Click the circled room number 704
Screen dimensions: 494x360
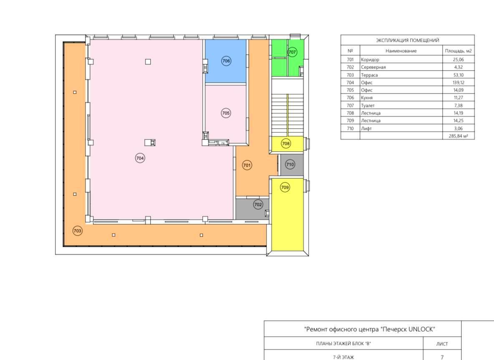(x=140, y=158)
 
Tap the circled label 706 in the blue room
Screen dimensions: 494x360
(x=226, y=61)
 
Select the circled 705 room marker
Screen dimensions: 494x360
(x=226, y=113)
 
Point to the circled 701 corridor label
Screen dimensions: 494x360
(x=247, y=165)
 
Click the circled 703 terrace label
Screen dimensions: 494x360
(x=77, y=231)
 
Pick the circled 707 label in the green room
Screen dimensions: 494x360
(x=292, y=52)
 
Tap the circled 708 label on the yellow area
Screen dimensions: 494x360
(x=286, y=143)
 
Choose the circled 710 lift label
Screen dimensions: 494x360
(x=290, y=164)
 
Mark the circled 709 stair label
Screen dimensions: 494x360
(x=285, y=187)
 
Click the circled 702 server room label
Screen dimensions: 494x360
(x=258, y=204)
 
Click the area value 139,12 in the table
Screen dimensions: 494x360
(x=459, y=83)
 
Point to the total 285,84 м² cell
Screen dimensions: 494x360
(x=459, y=136)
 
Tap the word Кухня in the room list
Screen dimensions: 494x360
(x=367, y=98)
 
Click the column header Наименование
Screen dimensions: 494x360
(x=401, y=51)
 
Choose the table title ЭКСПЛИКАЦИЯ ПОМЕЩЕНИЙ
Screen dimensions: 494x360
(x=407, y=40)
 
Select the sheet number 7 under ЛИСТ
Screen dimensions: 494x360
(x=442, y=357)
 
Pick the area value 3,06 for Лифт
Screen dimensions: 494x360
(x=459, y=128)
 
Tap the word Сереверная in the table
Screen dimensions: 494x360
(x=373, y=67)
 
